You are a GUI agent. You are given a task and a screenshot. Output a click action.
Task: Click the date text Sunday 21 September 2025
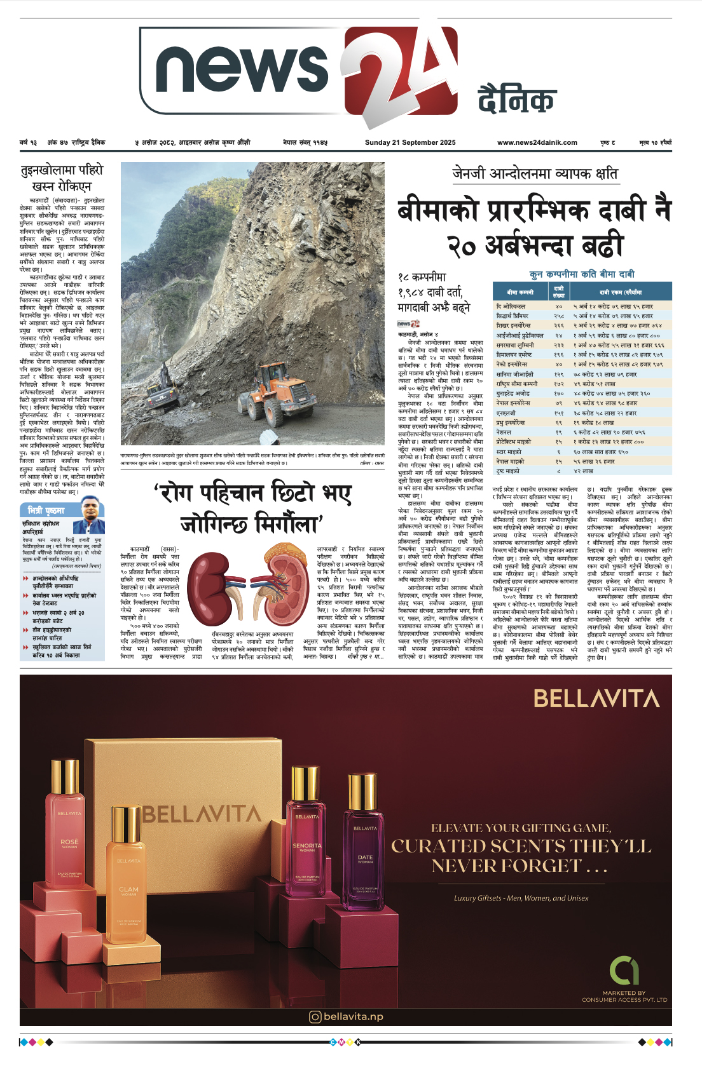tap(410, 143)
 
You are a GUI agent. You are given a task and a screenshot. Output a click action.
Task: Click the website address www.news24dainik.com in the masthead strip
tap(537, 143)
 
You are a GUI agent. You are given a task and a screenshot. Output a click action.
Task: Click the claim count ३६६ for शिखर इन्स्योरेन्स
tap(558, 325)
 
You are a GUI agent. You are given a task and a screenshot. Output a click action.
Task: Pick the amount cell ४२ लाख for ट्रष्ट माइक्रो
tap(583, 471)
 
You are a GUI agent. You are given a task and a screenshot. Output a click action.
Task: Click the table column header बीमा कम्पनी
tap(520, 292)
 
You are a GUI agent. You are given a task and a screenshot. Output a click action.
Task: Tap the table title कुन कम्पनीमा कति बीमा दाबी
tap(582, 274)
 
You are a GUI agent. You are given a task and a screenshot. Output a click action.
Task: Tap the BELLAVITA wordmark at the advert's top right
tap(596, 699)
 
